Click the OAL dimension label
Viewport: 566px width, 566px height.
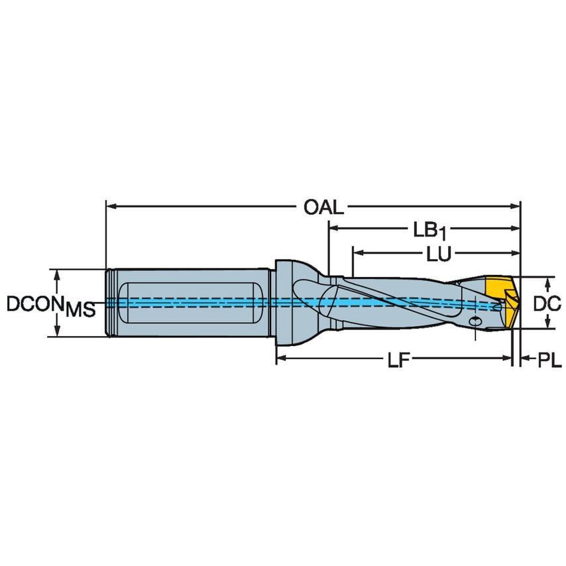(323, 207)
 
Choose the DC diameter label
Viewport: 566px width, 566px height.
(547, 303)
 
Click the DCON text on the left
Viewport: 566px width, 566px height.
(35, 304)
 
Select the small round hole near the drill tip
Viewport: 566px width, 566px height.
(475, 321)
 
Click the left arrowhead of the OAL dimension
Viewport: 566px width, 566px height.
(111, 207)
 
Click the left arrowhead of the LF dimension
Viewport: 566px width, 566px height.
(281, 359)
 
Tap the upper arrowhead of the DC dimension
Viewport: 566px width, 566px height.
(547, 283)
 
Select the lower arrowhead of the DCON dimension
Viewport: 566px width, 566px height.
(58, 331)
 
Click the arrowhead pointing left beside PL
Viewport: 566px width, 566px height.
(524, 359)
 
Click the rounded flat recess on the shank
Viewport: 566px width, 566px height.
(186, 303)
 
